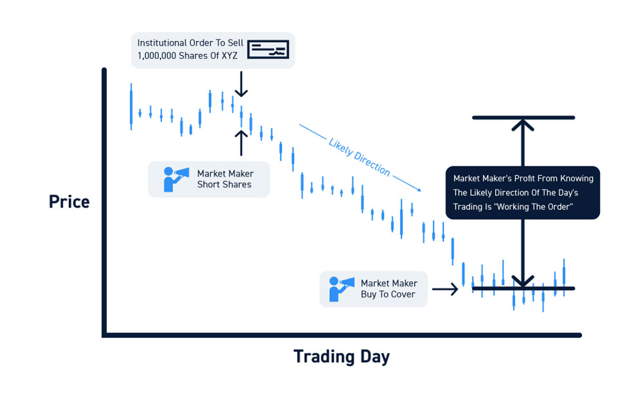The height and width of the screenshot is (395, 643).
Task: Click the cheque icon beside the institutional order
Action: (268, 49)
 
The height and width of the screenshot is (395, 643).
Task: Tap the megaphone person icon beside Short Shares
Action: (176, 179)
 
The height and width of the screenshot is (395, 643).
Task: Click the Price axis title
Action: (69, 202)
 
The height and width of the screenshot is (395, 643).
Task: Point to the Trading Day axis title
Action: (341, 356)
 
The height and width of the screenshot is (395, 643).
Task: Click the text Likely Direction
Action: (359, 157)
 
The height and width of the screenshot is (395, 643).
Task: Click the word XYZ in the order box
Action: (230, 56)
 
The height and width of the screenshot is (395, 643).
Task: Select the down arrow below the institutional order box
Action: (241, 84)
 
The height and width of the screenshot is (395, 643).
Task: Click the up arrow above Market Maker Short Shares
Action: (241, 143)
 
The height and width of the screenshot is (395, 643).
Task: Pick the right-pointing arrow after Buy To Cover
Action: (445, 289)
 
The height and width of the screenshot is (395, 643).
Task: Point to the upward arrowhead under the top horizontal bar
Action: (523, 125)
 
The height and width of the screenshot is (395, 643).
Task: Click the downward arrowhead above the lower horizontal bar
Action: (523, 281)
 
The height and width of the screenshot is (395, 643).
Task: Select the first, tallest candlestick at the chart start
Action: (131, 107)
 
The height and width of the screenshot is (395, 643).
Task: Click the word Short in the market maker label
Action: (208, 185)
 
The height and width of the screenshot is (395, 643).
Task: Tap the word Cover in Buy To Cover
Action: (404, 294)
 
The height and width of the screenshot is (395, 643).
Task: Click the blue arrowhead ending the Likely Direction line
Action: (419, 189)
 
